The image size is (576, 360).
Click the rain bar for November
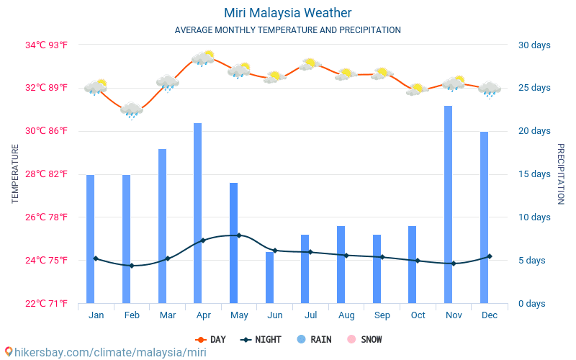448,204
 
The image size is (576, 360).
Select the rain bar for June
269,277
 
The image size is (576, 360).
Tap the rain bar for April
197,213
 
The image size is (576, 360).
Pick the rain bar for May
233,243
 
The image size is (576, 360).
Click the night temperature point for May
239,235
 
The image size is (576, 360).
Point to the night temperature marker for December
490,256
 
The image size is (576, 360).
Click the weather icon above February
132,109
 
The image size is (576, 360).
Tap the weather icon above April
203,58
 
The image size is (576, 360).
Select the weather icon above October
418,89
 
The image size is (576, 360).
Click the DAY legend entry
210,339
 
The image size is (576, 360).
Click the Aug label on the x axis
346,315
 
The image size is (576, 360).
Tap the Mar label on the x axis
168,315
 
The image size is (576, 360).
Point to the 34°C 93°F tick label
47,45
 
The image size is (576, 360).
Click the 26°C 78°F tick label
47,217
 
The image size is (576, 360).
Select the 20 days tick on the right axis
534,131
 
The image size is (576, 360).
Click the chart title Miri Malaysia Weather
288,13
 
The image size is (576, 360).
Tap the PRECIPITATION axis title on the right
561,174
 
